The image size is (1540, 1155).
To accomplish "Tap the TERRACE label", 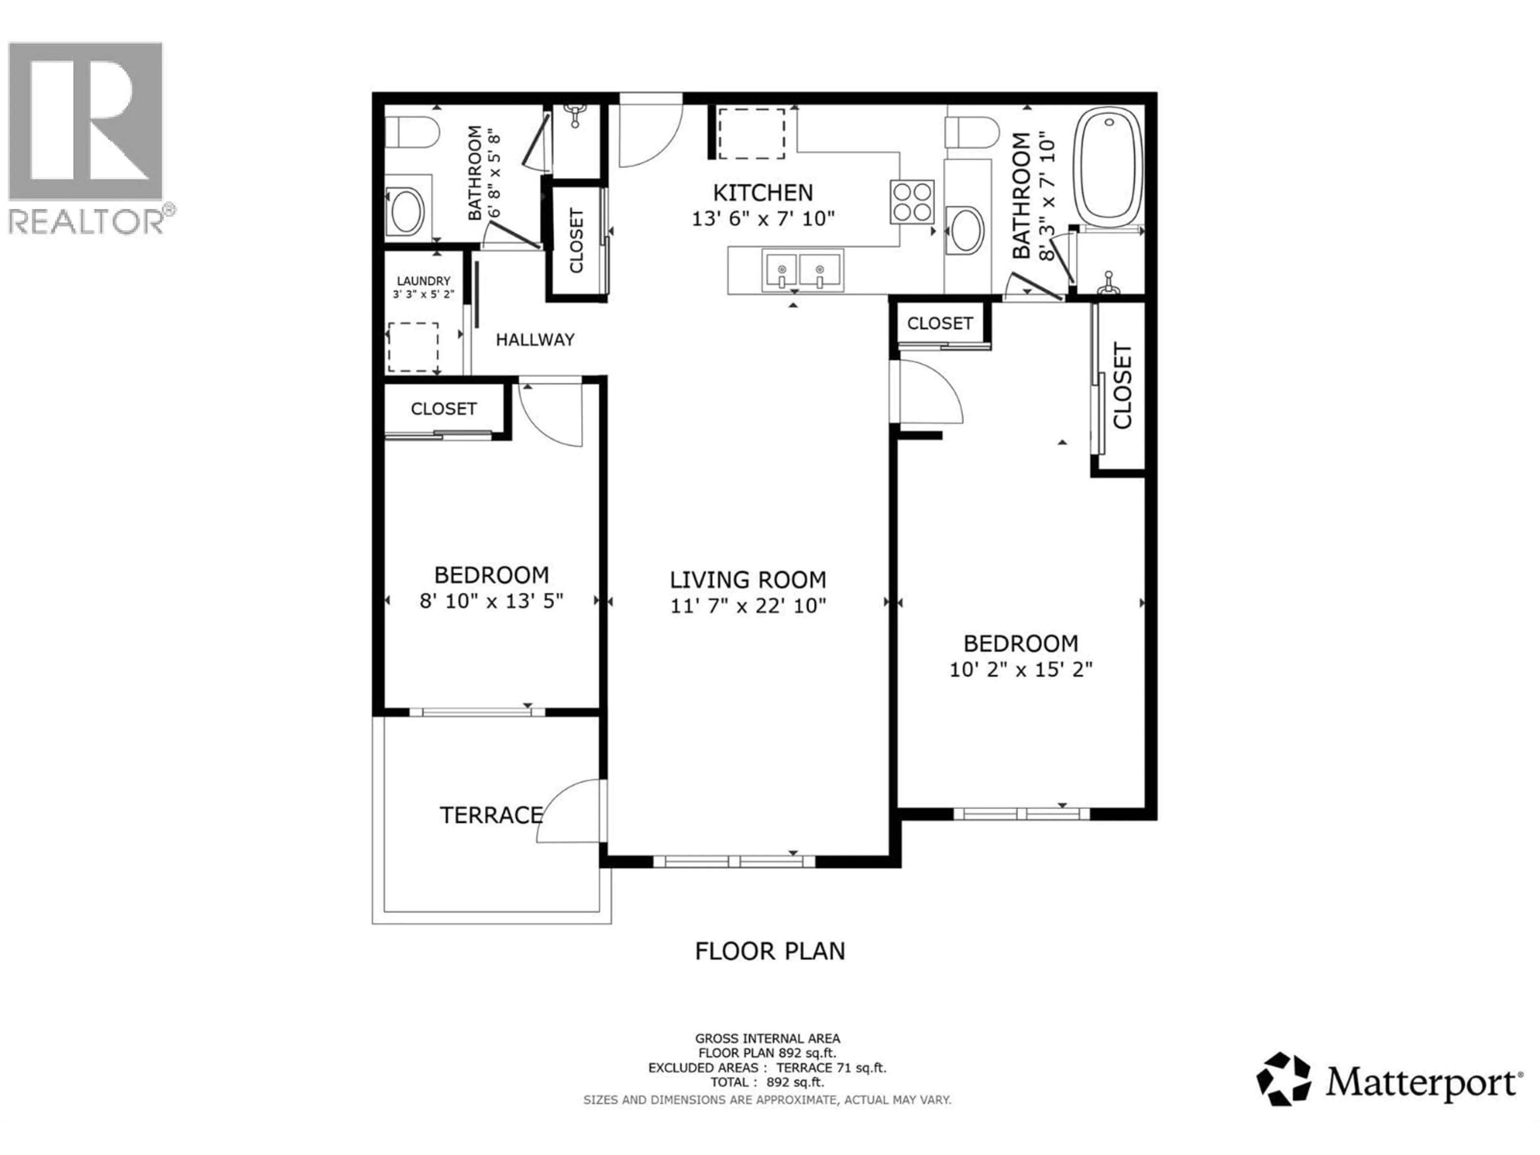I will pyautogui.click(x=491, y=815).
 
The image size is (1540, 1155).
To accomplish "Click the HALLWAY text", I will pyautogui.click(x=535, y=340).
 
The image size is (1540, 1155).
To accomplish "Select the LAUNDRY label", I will pyautogui.click(x=423, y=281).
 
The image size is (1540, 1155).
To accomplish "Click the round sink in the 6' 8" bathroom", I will pyautogui.click(x=407, y=211).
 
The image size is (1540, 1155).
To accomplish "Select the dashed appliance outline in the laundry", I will pyautogui.click(x=413, y=347).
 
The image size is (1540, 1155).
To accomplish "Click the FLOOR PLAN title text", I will pyautogui.click(x=769, y=951).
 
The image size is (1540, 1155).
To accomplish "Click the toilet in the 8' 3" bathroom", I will pyautogui.click(x=972, y=132).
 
